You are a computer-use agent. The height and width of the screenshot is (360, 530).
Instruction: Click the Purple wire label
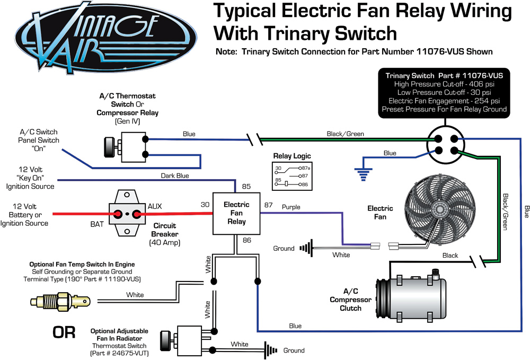click(290, 206)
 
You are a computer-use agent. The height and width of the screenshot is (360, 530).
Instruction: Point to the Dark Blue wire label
click(175, 175)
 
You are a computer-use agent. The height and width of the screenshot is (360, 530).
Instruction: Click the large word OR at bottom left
click(64, 332)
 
